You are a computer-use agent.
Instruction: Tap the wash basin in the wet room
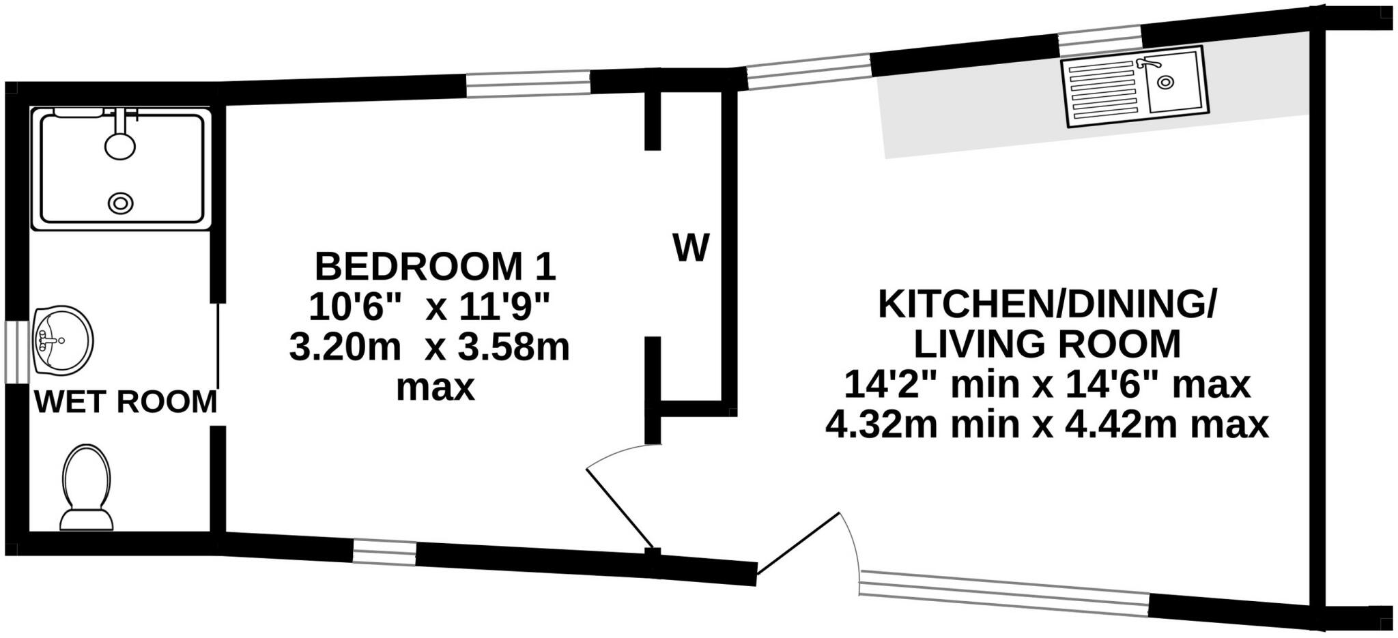point(62,340)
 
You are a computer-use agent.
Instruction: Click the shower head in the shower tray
point(120,145)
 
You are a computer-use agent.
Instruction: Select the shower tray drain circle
point(121,203)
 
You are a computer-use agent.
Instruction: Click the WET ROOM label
point(126,402)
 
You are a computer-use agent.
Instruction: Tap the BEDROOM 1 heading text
point(435,267)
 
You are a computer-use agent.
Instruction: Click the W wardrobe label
point(691,248)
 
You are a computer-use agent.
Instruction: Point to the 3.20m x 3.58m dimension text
point(429,347)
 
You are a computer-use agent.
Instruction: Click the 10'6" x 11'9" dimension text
point(429,307)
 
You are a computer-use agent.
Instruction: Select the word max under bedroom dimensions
point(436,388)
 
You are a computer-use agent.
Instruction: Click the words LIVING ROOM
point(1047,344)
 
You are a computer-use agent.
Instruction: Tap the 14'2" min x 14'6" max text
point(1047,384)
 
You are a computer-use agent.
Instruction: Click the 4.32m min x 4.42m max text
point(1047,425)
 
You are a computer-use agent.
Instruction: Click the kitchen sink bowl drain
point(1166,83)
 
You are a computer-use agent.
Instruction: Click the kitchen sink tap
point(1147,64)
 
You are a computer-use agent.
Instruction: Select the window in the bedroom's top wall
point(528,84)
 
